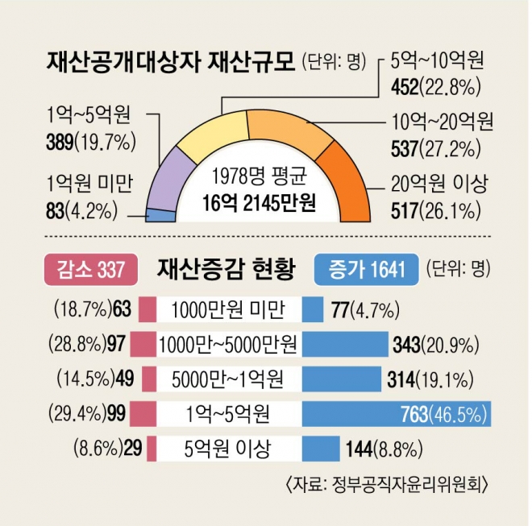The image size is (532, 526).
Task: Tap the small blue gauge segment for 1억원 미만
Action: coord(161,215)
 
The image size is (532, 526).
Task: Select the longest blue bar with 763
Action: coord(395,414)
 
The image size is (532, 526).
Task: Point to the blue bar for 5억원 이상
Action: coord(320,449)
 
